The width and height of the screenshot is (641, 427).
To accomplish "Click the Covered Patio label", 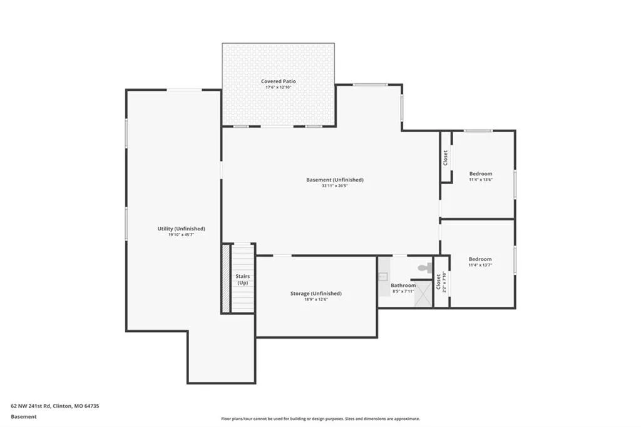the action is click(279, 81).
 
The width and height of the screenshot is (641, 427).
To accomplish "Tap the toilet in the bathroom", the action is click(425, 269).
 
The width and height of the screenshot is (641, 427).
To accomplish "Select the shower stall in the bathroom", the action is click(423, 294).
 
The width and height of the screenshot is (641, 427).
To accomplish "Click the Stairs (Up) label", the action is click(242, 279).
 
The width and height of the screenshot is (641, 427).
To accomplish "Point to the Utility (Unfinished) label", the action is click(181, 229).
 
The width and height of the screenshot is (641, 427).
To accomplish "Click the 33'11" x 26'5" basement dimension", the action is click(334, 186).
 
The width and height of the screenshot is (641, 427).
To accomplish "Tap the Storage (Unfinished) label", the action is click(316, 293).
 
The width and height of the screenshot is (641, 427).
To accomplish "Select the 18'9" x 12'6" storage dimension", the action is click(316, 299).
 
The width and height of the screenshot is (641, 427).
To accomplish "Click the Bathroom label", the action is click(403, 286).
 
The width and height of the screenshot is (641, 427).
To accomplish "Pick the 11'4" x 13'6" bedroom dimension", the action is click(481, 180).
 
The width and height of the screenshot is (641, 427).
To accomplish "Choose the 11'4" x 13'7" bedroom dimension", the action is click(480, 265).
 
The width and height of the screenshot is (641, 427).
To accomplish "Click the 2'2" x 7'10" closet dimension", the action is click(444, 282).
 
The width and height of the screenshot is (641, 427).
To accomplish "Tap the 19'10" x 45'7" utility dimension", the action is click(181, 235).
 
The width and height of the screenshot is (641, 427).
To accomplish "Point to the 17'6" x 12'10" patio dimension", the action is click(279, 87).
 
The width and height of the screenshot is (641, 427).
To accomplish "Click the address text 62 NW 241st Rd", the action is click(31, 406).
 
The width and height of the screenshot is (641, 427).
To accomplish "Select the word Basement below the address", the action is click(24, 417).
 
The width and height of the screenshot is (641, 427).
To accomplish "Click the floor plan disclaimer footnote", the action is click(320, 419).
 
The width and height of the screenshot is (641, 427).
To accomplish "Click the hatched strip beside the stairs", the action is click(225, 279).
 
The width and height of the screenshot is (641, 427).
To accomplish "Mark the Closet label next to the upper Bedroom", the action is click(446, 158).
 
